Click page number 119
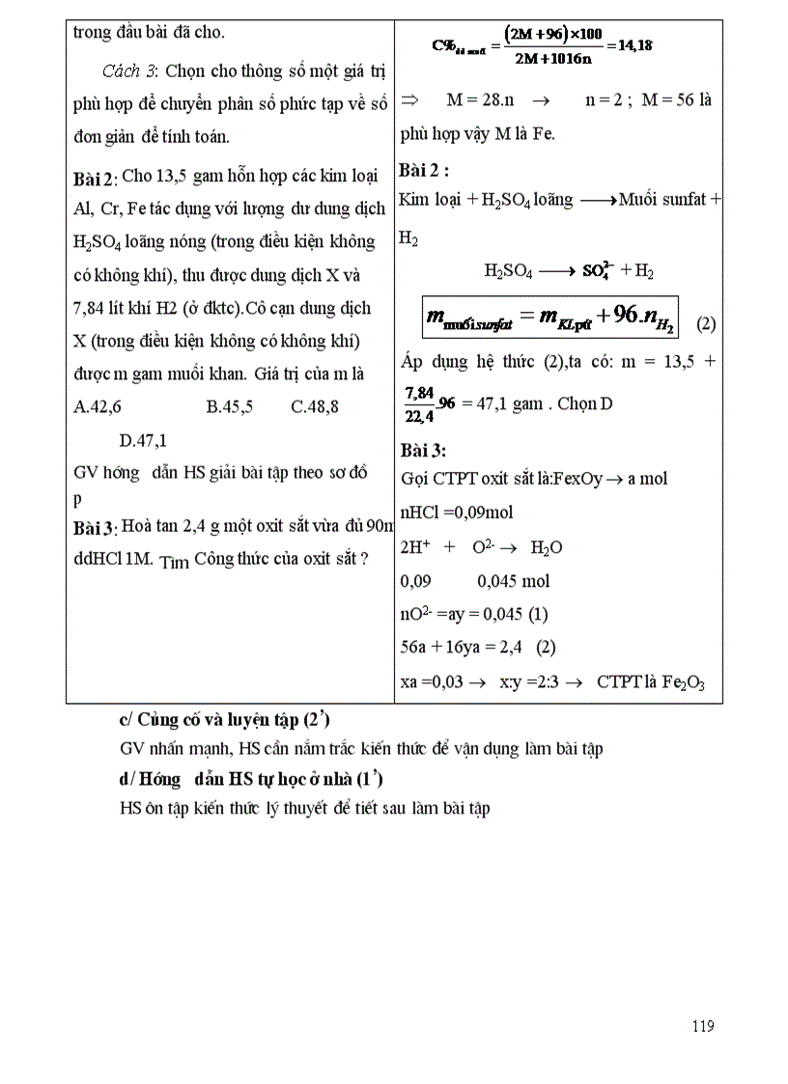click(x=703, y=1026)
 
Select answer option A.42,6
click(x=98, y=406)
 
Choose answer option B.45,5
click(x=230, y=406)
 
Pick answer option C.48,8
click(x=315, y=406)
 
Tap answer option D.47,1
click(x=143, y=441)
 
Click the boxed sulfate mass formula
click(x=549, y=318)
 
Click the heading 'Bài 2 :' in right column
click(x=424, y=171)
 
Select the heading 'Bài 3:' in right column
click(x=422, y=450)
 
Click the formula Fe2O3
click(x=683, y=682)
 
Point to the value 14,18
click(x=630, y=44)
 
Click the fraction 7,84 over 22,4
click(x=420, y=403)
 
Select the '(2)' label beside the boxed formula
click(x=706, y=323)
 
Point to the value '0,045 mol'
click(x=513, y=580)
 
